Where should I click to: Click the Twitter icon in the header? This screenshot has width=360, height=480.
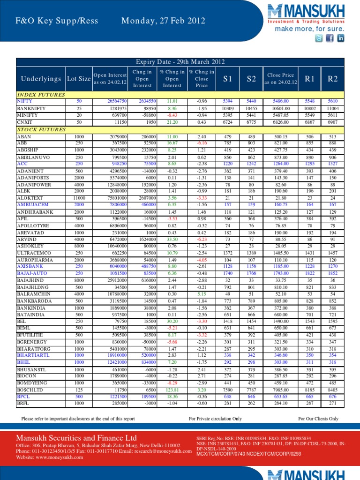319,38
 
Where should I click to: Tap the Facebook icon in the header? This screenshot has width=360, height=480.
330,38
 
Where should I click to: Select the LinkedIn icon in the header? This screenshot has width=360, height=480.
340,38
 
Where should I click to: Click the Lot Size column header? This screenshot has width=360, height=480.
78,79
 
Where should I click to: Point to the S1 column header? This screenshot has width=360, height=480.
228,79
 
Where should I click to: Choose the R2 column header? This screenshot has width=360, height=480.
332,79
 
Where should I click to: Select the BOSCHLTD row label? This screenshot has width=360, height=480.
30,389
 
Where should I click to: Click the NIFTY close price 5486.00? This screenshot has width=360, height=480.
280,101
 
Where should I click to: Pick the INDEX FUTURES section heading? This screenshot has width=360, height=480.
36,95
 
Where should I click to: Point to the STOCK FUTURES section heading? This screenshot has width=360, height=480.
37,129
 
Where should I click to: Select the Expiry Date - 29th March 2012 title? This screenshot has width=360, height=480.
180,62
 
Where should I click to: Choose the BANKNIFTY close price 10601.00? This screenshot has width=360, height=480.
280,108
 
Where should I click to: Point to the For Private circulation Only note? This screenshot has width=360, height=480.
215,419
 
